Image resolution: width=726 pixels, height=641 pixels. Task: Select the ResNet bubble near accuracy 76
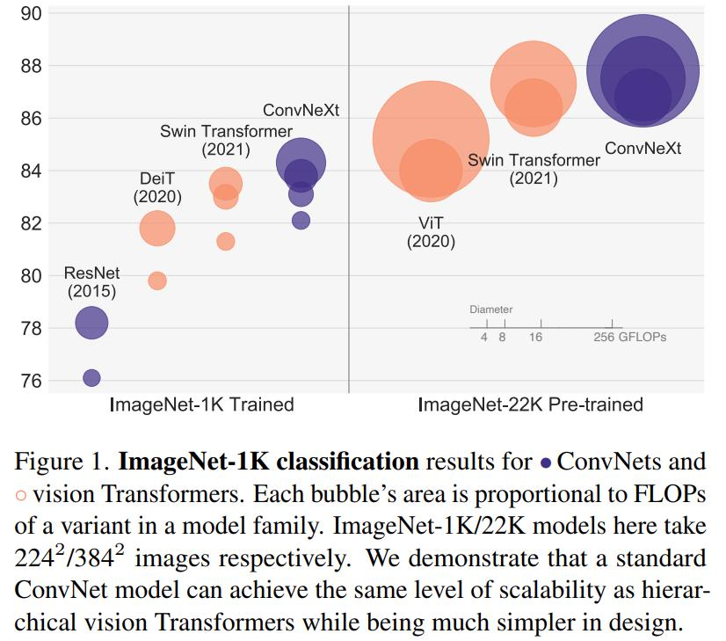click(91, 377)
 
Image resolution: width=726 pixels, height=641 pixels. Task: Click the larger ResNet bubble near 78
click(91, 324)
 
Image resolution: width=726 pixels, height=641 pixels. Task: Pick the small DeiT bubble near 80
click(157, 280)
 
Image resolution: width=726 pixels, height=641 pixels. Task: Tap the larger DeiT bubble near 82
click(157, 229)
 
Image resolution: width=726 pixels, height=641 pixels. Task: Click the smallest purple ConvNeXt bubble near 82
click(301, 221)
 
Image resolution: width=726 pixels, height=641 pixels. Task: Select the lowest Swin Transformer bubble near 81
click(226, 241)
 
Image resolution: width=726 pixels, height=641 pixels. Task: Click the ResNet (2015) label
click(91, 282)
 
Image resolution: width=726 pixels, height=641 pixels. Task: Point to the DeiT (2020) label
click(157, 187)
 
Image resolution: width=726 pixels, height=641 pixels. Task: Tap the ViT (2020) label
click(431, 232)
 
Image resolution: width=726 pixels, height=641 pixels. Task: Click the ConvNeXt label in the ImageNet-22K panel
click(643, 149)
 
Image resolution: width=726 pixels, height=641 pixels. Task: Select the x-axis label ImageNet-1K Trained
click(201, 405)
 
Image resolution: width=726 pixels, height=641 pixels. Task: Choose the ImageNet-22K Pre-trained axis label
click(530, 405)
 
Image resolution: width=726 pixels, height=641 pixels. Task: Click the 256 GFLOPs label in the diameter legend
click(630, 338)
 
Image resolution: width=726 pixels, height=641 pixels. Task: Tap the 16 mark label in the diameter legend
click(536, 338)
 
